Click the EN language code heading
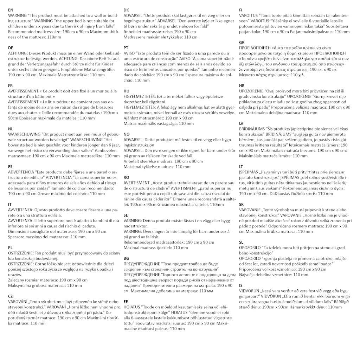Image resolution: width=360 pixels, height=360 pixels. pos(11,10)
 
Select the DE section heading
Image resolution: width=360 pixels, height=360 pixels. pos(11,47)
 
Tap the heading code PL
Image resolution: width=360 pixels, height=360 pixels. pos(11,247)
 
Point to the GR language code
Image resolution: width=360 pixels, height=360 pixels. pos(242,42)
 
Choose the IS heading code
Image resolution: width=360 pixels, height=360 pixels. pos(240,285)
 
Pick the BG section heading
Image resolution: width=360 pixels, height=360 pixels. pos(127,258)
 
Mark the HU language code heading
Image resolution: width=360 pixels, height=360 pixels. pos(127,91)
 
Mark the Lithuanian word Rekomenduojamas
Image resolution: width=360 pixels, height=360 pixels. pos(298,188)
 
